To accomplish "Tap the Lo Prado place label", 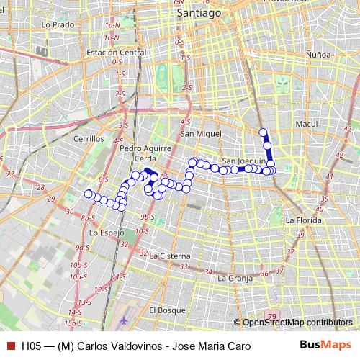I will (59, 24).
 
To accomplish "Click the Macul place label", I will (307, 124).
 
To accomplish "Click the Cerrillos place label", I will (89, 138).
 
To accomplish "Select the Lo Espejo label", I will (107, 233).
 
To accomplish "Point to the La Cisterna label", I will (171, 256).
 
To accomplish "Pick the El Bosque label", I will (163, 310).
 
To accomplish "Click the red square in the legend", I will (10, 346).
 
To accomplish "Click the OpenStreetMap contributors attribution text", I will (297, 323).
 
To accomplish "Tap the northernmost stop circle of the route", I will (264, 132).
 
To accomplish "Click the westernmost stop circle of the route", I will (89, 193).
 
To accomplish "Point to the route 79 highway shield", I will (271, 316).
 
